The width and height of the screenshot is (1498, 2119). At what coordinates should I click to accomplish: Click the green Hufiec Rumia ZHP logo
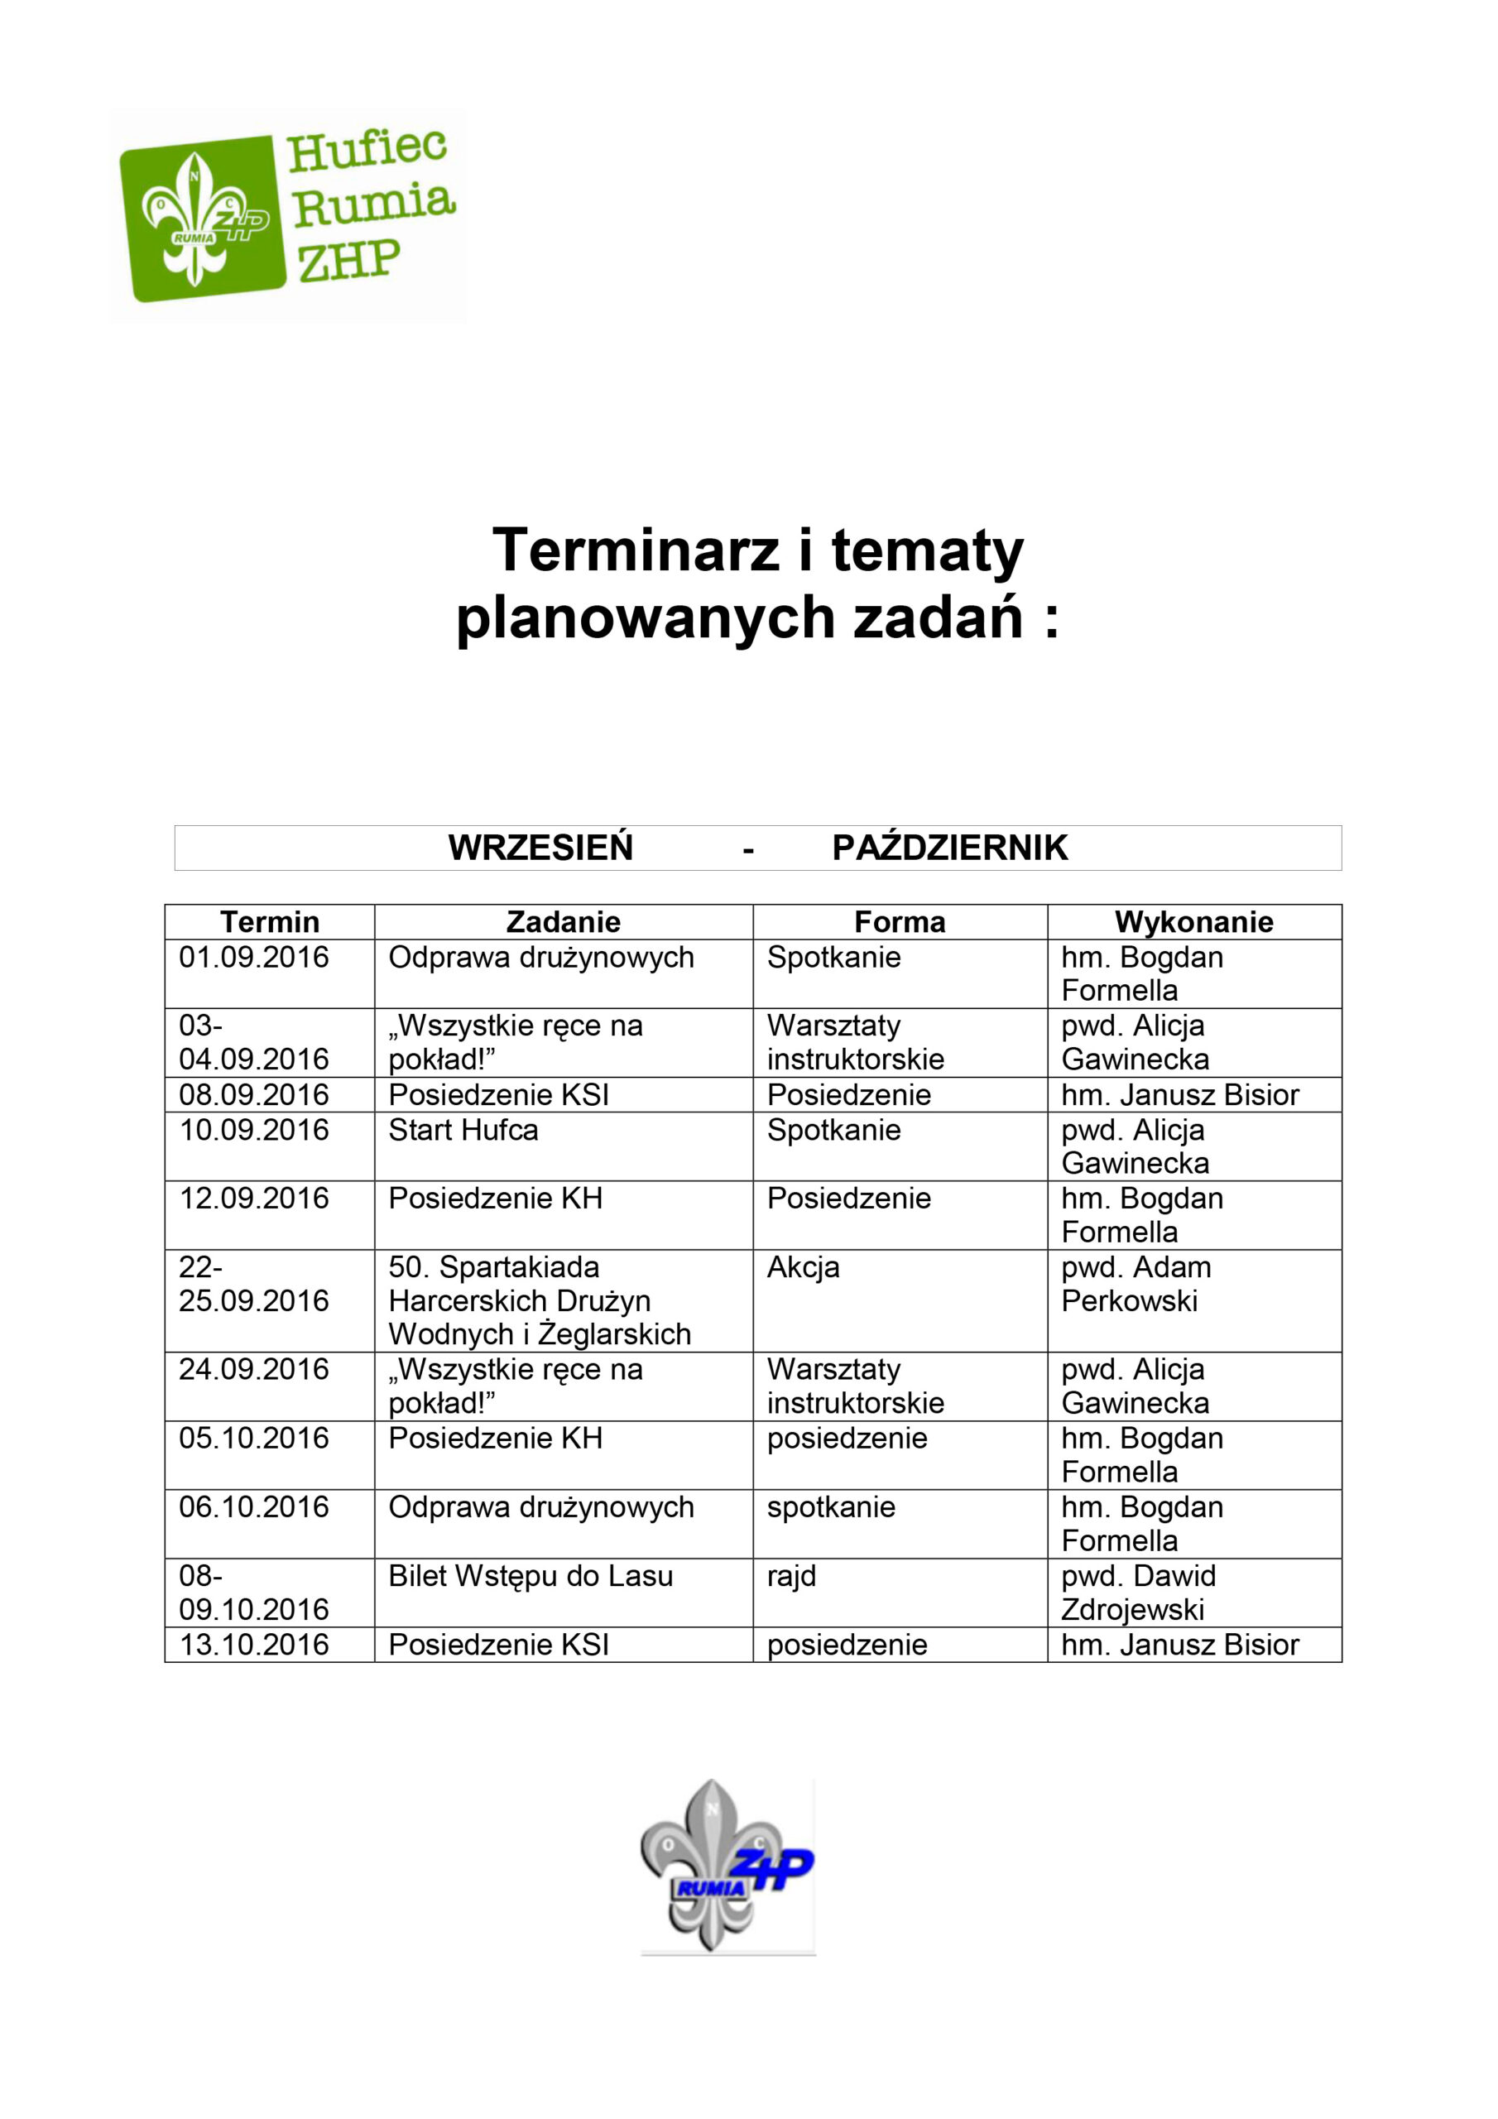pos(286,214)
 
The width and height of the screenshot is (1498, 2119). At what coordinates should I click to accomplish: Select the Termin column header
pos(270,921)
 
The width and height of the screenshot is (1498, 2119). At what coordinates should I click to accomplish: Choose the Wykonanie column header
pos(1193,921)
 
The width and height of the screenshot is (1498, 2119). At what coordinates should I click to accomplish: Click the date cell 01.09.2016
pos(254,957)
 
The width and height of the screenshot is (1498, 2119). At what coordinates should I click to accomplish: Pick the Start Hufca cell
pos(463,1130)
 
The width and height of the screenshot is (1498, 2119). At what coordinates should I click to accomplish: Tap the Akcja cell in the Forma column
pos(803,1267)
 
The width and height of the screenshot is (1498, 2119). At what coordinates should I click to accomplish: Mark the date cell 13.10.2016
pos(254,1645)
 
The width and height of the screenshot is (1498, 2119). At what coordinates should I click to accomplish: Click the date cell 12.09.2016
pos(254,1198)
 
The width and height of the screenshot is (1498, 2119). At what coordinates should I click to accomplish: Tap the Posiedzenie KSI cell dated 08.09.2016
pos(498,1094)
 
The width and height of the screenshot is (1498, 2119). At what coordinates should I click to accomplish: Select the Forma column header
pos(899,921)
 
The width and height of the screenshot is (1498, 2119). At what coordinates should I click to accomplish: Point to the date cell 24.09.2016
pos(254,1370)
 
